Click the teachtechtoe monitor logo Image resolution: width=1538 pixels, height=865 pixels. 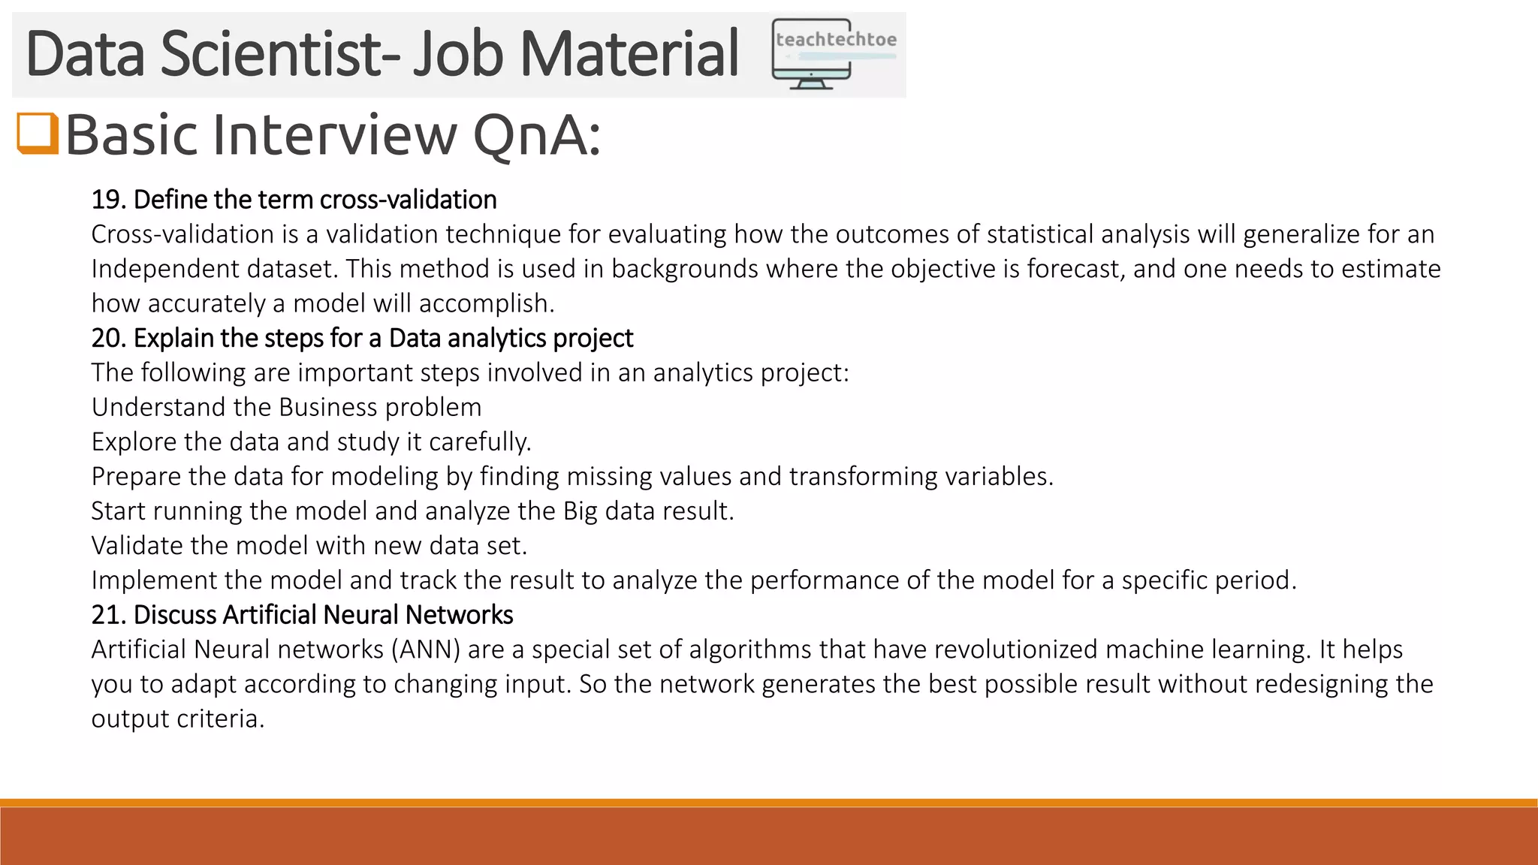pyautogui.click(x=834, y=54)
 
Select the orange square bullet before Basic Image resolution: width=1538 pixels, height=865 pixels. pyautogui.click(x=38, y=134)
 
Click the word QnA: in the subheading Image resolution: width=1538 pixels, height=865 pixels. pyautogui.click(x=536, y=135)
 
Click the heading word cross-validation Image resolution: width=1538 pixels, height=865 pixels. pyautogui.click(x=409, y=200)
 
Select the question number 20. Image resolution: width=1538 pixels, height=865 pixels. pyautogui.click(x=107, y=339)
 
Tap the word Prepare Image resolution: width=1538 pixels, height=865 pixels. pyautogui.click(x=136, y=476)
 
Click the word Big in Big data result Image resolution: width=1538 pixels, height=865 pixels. pyautogui.click(x=580, y=511)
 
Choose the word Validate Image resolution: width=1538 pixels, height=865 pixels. pyautogui.click(x=137, y=546)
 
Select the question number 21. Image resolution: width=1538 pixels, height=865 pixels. pyautogui.click(x=107, y=615)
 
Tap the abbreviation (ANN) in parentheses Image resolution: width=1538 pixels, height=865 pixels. pyautogui.click(x=425, y=650)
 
